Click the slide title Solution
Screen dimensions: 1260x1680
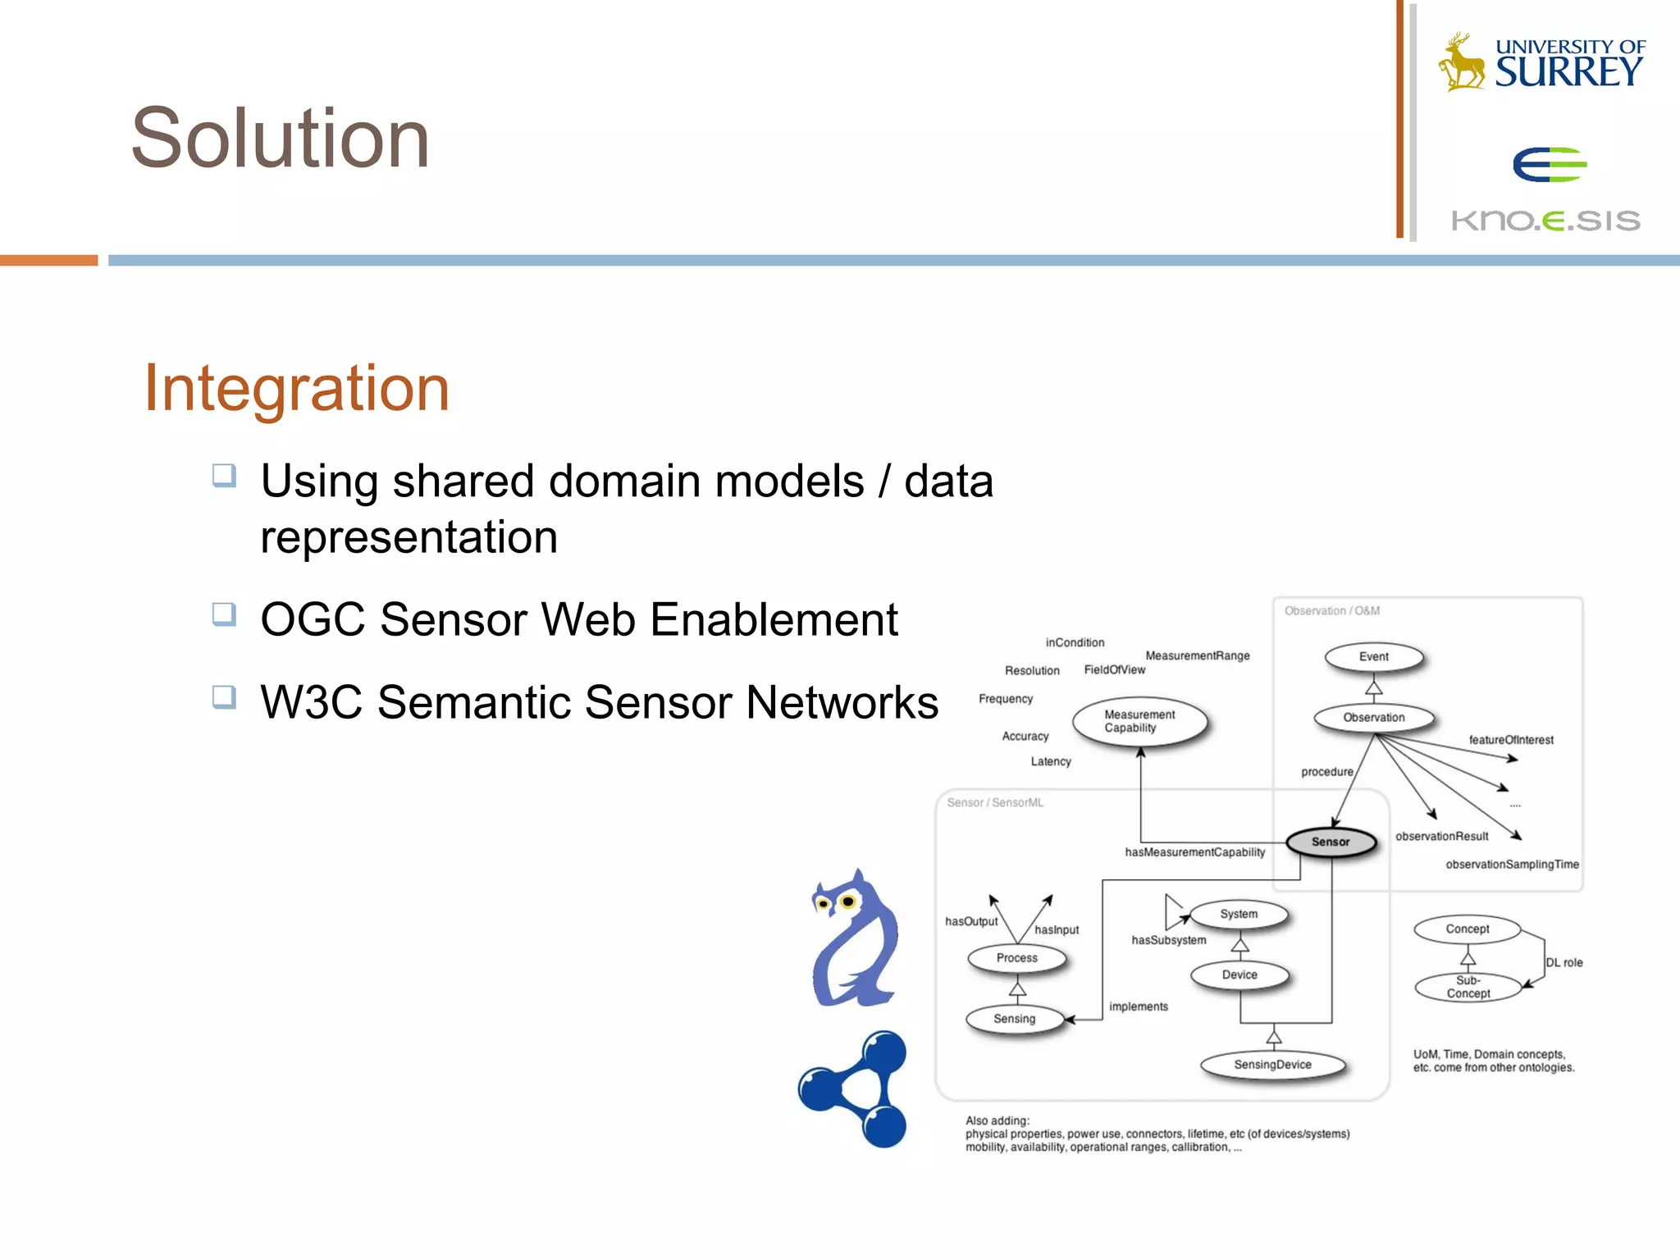point(280,139)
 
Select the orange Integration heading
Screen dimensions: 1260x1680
point(296,388)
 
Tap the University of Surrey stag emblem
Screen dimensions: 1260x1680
point(1462,62)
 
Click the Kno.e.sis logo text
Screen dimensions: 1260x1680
point(1545,221)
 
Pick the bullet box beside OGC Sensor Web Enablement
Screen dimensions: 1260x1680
point(224,614)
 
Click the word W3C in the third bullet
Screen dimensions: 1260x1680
point(311,702)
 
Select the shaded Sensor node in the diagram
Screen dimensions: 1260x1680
point(1331,842)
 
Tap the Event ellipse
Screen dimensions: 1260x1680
point(1374,657)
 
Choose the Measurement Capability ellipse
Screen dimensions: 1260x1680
point(1139,721)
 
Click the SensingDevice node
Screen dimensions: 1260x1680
point(1272,1065)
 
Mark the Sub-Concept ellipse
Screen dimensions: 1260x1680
point(1468,987)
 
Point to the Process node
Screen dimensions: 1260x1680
point(1016,958)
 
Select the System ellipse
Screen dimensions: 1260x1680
point(1239,914)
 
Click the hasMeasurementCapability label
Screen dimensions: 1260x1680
point(1194,852)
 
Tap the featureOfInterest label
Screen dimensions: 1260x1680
point(1511,740)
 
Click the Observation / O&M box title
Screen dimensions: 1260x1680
point(1332,611)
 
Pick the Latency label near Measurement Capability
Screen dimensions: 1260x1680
point(1051,762)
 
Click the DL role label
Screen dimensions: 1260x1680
point(1564,963)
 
